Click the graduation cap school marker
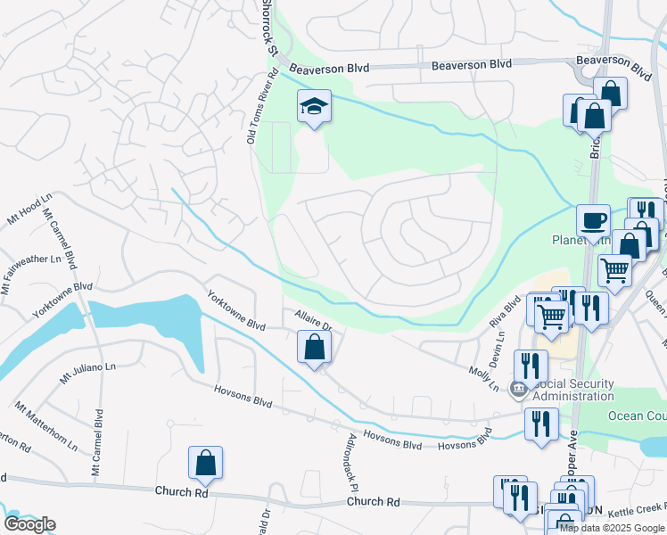pos(314,107)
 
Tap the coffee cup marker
pos(592,220)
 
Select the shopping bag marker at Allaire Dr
pos(314,347)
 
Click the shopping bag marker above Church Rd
pos(205,463)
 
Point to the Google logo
pos(29,524)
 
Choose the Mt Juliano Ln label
pos(88,372)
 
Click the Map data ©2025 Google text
pos(613,528)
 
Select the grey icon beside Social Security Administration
pos(516,389)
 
